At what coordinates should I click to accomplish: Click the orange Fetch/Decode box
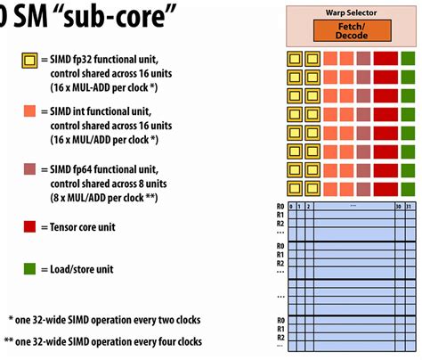352,30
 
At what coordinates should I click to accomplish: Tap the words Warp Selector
352,12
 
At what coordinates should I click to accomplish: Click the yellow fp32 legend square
29,60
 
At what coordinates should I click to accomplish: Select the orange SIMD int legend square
29,110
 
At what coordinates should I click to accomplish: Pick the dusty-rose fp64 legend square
29,169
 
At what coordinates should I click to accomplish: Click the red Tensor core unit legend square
29,227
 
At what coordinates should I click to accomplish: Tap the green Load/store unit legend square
29,268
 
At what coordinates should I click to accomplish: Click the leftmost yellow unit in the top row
294,60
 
